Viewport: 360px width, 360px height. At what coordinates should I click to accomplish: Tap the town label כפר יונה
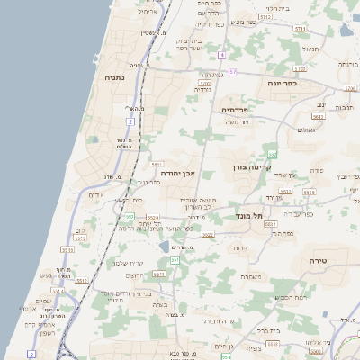point(282,83)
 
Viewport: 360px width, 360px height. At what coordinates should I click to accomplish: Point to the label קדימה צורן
point(251,167)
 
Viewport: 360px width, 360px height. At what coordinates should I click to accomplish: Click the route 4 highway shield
point(221,55)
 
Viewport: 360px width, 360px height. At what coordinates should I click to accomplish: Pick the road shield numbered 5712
point(265,17)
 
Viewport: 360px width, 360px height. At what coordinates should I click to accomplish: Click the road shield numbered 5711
point(157,165)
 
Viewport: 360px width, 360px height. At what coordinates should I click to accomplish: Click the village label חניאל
point(310,49)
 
